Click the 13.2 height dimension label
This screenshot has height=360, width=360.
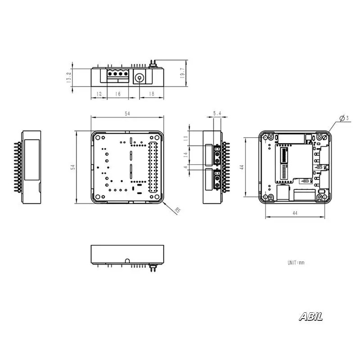tap(68, 77)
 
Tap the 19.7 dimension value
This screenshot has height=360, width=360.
tap(183, 73)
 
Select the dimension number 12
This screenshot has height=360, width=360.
tap(99, 94)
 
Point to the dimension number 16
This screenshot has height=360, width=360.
tap(118, 94)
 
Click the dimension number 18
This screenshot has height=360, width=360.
tap(152, 94)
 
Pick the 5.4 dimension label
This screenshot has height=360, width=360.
tap(217, 113)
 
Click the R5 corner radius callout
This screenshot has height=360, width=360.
tap(177, 210)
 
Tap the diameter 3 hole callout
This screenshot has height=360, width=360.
tap(344, 118)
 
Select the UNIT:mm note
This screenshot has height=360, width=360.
tap(296, 262)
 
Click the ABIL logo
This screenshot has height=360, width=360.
tap(310, 317)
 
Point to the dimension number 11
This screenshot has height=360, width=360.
tap(186, 138)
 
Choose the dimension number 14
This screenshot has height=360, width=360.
tap(186, 155)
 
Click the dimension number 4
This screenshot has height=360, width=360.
tap(186, 167)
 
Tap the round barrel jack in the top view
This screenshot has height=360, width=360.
tap(139, 78)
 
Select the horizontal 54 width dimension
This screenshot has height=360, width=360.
tap(127, 114)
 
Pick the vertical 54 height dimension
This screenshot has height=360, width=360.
tap(73, 167)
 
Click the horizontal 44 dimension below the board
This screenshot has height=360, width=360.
tap(295, 213)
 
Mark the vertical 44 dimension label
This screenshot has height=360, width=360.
tap(242, 167)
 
